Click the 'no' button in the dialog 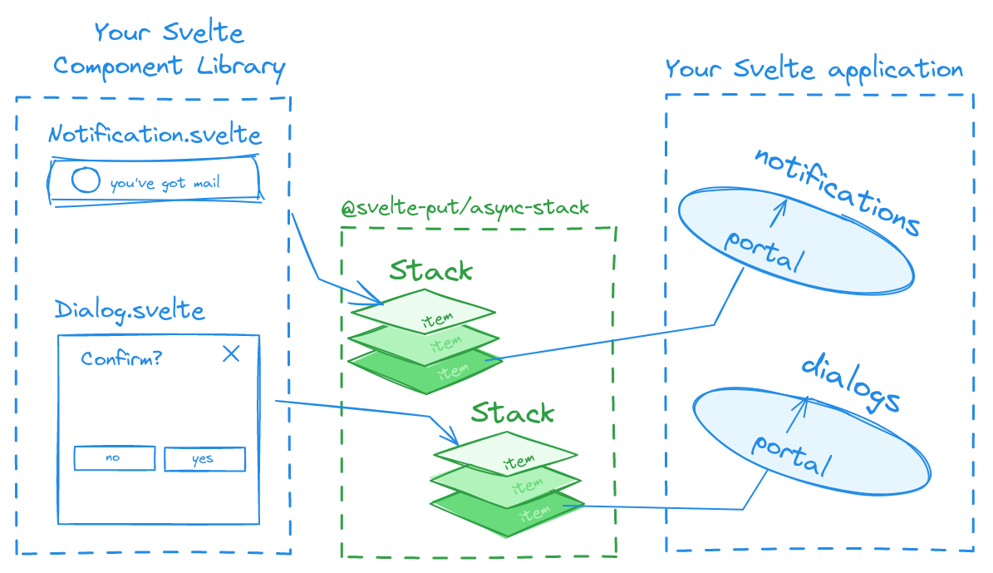click(x=114, y=458)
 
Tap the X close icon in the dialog click(x=231, y=354)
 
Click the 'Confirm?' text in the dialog click(x=121, y=359)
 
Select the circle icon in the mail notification click(x=86, y=180)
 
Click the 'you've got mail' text click(x=165, y=183)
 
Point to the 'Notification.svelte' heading click(x=155, y=135)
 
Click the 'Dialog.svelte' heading click(x=130, y=310)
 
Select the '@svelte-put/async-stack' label click(x=465, y=208)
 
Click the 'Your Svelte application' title click(x=814, y=69)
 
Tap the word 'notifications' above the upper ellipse click(x=838, y=190)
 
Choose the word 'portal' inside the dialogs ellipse click(x=791, y=454)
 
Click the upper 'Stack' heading click(x=430, y=270)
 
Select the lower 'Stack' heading click(x=513, y=412)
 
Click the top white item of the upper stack click(x=424, y=311)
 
